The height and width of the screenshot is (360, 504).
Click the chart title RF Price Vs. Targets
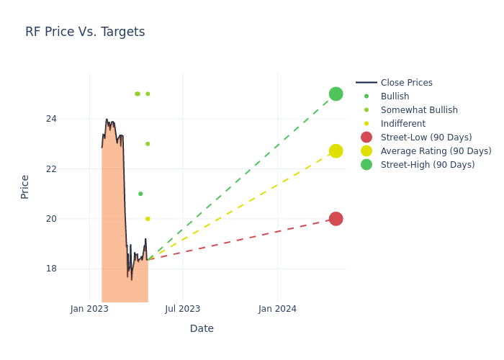(x=85, y=32)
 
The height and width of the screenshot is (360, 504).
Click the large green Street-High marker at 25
(x=336, y=94)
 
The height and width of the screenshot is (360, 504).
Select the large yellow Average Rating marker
(x=336, y=150)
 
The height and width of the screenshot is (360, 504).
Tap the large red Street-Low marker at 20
(x=336, y=219)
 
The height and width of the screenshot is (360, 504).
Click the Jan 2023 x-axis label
(x=89, y=309)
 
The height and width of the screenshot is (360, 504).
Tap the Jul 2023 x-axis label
(x=183, y=309)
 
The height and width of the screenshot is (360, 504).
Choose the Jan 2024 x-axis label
(x=277, y=309)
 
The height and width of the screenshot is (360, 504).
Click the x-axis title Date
(x=202, y=328)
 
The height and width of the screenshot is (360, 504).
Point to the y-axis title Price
(x=25, y=186)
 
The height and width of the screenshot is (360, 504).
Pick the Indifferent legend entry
(x=402, y=124)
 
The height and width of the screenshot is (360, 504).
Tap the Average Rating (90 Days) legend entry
(x=436, y=151)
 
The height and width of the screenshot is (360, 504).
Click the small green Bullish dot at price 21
(x=140, y=194)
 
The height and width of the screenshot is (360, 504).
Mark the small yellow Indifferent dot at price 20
(x=148, y=219)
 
